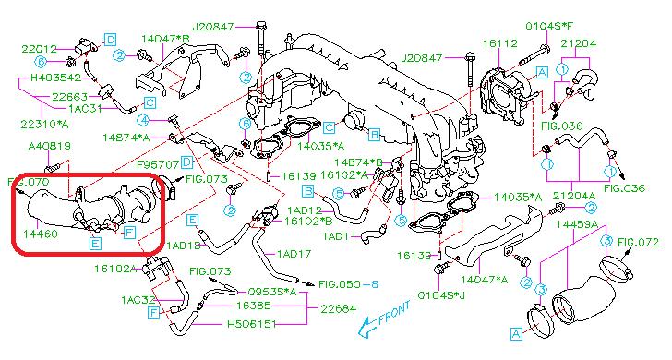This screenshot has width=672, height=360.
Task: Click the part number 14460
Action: tap(41, 234)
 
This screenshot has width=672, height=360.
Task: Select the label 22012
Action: tap(39, 49)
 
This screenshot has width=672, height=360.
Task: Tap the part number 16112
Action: tap(500, 43)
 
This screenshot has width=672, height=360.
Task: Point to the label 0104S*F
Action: tap(549, 27)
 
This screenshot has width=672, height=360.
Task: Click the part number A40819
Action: tap(50, 146)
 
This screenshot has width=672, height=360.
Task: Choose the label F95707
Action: tap(158, 164)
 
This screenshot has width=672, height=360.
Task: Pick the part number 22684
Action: tap(339, 308)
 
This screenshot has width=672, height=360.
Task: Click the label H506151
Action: tap(252, 324)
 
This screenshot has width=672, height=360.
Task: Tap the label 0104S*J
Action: tap(441, 295)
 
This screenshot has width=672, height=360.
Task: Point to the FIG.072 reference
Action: tap(638, 243)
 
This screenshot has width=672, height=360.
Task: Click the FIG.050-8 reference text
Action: tap(348, 284)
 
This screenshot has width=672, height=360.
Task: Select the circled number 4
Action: tap(144, 120)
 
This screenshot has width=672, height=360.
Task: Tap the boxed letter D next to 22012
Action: tap(110, 40)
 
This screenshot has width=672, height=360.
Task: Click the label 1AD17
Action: tap(294, 254)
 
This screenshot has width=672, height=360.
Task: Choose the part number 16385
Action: tap(254, 306)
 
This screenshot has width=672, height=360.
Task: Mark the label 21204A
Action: tap(574, 197)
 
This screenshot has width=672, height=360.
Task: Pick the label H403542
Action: tap(55, 78)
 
